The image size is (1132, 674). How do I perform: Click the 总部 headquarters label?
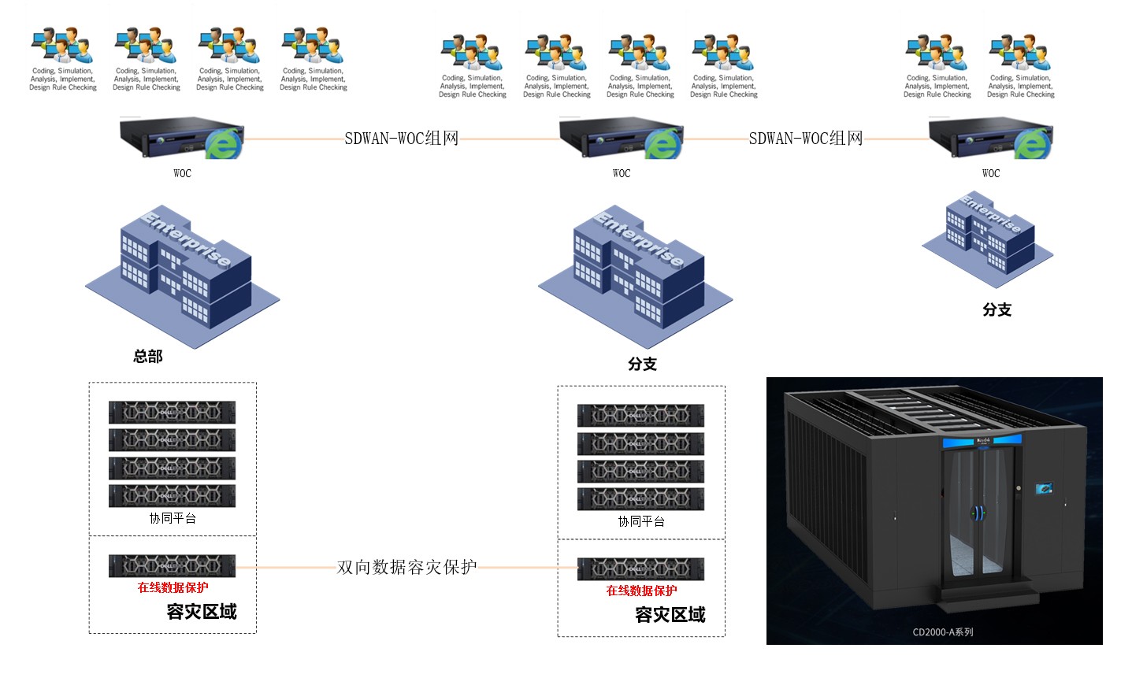(148, 357)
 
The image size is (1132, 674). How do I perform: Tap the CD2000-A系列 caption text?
(943, 631)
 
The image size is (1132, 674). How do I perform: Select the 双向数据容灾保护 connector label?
(406, 567)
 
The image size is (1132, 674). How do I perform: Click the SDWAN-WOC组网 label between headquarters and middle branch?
(401, 139)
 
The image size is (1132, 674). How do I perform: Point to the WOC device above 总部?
(182, 139)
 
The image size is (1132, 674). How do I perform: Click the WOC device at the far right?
(990, 139)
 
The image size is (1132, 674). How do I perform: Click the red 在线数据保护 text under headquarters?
(173, 587)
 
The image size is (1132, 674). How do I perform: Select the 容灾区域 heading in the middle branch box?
(670, 615)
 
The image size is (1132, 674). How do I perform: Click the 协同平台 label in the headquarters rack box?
(173, 518)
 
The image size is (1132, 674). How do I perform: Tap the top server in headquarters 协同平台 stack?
(172, 412)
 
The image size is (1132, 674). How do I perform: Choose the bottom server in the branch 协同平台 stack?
(640, 498)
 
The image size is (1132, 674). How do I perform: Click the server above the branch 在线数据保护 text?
(640, 568)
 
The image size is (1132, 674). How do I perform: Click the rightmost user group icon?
(1021, 53)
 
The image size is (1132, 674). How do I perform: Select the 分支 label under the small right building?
(997, 309)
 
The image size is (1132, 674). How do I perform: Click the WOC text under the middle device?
(622, 173)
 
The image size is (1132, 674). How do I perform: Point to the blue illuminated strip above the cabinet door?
(982, 441)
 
